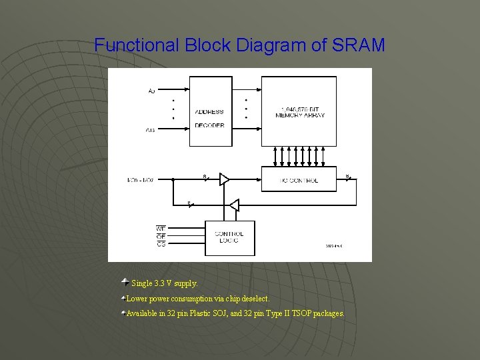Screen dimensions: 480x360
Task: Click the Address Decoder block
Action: click(209, 111)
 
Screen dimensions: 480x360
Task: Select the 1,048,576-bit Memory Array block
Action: click(299, 111)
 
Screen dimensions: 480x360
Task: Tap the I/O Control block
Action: click(299, 180)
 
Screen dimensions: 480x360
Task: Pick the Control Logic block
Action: click(229, 237)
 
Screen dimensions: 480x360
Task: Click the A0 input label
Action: click(151, 91)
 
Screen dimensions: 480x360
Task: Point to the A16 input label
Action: click(151, 130)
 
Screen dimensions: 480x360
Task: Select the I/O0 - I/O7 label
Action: click(140, 180)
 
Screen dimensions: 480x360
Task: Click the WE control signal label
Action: click(161, 229)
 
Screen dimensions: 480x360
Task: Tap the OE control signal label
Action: click(161, 237)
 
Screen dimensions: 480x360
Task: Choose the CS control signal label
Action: click(161, 245)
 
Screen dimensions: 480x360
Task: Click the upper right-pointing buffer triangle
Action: click(224, 179)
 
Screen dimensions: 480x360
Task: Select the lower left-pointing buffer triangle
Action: click(233, 205)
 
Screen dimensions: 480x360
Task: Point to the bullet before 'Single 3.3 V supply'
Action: click(125, 283)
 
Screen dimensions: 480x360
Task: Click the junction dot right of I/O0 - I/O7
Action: click(172, 180)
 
